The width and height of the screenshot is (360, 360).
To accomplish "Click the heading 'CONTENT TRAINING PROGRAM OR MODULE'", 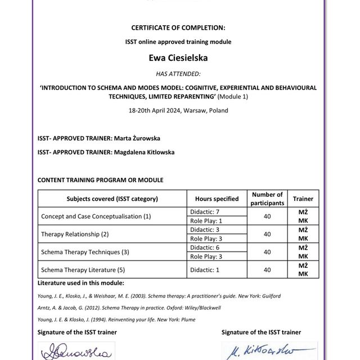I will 100,180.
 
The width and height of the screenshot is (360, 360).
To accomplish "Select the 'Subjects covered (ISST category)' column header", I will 112,199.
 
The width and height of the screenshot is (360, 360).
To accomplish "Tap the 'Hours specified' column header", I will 217,199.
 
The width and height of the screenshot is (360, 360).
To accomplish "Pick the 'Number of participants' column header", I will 268,199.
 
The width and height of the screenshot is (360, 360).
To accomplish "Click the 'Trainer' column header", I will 303,199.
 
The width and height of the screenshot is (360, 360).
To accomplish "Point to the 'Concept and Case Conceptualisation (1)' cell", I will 96,216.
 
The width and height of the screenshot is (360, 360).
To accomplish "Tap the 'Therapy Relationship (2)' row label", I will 75,233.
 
